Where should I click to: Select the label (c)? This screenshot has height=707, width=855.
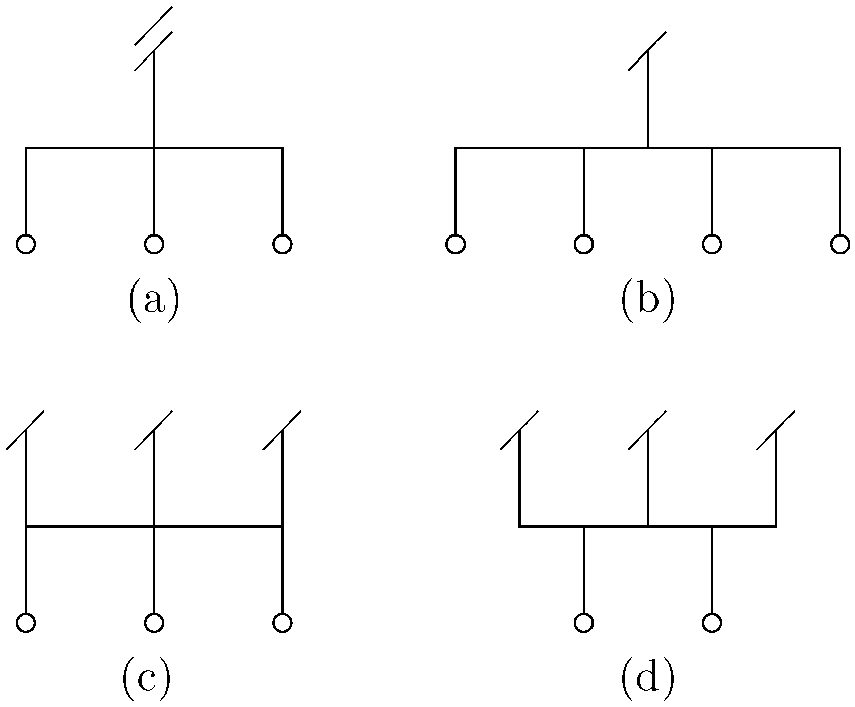pyautogui.click(x=146, y=681)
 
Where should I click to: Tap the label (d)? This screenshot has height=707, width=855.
pyautogui.click(x=647, y=681)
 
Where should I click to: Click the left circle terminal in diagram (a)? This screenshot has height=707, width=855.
pyautogui.click(x=26, y=244)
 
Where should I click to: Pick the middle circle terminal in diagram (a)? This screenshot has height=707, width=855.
pyautogui.click(x=154, y=244)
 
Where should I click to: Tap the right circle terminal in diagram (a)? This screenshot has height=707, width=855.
pyautogui.click(x=282, y=244)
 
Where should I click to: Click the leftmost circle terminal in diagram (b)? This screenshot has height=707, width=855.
pyautogui.click(x=455, y=244)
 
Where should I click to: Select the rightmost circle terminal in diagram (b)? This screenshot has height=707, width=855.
pyautogui.click(x=840, y=244)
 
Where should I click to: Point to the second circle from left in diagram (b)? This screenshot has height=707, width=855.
pyautogui.click(x=583, y=244)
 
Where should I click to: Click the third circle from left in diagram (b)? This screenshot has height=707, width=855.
pyautogui.click(x=711, y=244)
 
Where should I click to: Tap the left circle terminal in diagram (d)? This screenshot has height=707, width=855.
pyautogui.click(x=583, y=623)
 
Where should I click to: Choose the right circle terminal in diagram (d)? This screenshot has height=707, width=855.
pyautogui.click(x=711, y=623)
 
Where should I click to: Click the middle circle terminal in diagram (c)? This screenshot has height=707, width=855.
pyautogui.click(x=154, y=623)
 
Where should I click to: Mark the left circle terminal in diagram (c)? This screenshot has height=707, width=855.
pyautogui.click(x=26, y=623)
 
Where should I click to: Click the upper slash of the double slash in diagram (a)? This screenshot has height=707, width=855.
pyautogui.click(x=154, y=26)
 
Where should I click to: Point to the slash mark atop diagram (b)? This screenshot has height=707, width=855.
pyautogui.click(x=647, y=51)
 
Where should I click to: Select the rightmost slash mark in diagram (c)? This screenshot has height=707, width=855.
pyautogui.click(x=282, y=430)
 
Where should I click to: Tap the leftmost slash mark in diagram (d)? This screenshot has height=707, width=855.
pyautogui.click(x=519, y=430)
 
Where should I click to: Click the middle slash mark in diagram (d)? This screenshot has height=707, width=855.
pyautogui.click(x=647, y=430)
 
